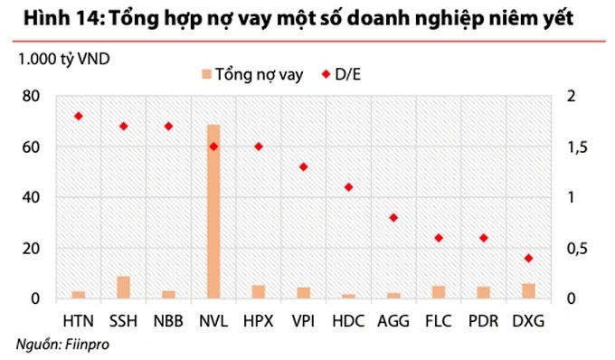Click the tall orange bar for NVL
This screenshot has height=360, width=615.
pyautogui.click(x=213, y=211)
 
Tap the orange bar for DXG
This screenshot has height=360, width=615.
pyautogui.click(x=529, y=290)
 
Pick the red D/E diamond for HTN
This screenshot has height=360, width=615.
pyautogui.click(x=78, y=116)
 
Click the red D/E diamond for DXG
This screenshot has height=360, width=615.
pyautogui.click(x=529, y=259)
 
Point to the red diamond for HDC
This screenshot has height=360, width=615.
pyautogui.click(x=348, y=187)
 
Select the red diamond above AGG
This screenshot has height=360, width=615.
pyautogui.click(x=393, y=218)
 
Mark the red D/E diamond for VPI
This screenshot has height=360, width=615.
pyautogui.click(x=303, y=167)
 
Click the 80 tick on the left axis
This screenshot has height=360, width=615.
pyautogui.click(x=31, y=96)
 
